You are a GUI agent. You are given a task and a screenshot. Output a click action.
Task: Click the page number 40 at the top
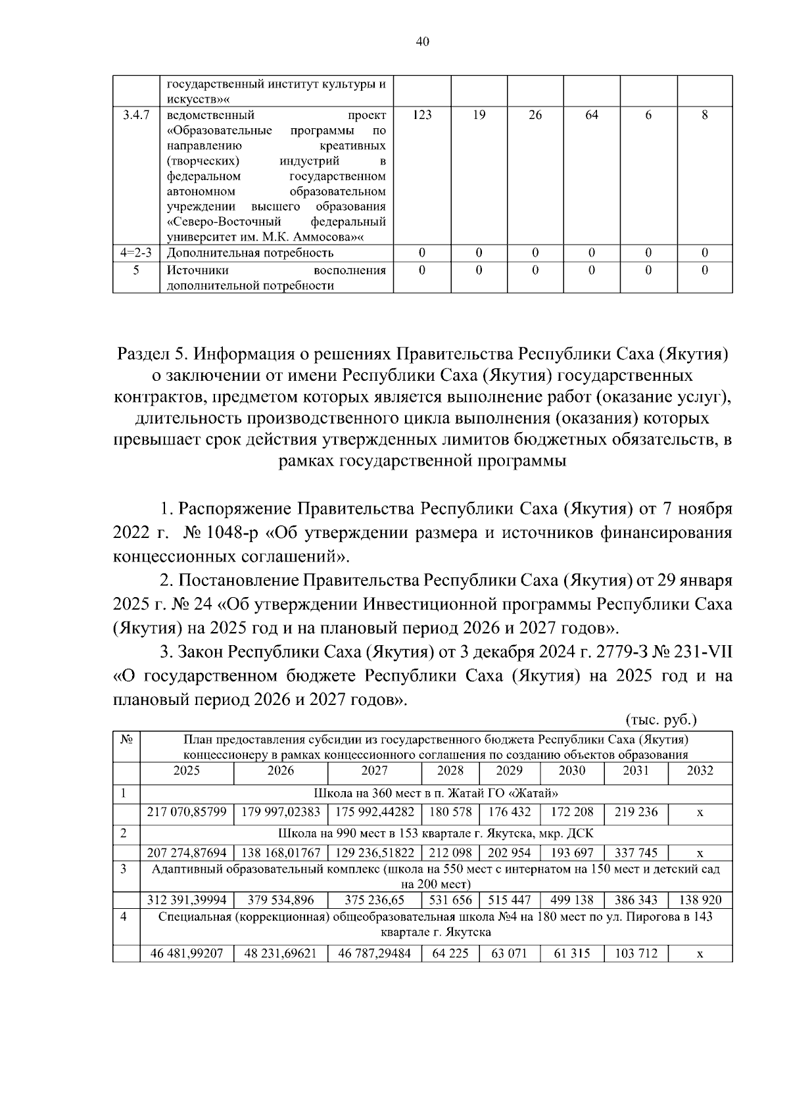423,41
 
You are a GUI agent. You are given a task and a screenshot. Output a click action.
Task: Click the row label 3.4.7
136,115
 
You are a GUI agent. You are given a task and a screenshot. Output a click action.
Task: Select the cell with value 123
422,115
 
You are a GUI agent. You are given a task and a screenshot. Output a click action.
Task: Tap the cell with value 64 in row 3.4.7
592,115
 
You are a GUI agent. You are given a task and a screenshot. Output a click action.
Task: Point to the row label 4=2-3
136,253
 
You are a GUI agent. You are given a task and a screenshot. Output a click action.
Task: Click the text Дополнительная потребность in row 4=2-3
250,253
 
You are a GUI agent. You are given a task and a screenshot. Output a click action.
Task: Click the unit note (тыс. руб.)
661,719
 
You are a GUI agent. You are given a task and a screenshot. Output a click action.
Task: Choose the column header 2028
450,771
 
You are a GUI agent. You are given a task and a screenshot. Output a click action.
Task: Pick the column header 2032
700,771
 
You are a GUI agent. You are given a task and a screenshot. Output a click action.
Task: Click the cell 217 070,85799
187,812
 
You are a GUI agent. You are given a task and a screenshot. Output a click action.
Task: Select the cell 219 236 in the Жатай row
636,812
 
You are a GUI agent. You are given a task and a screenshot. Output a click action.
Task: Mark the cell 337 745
636,853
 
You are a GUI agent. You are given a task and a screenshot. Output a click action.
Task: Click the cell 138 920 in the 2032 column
700,900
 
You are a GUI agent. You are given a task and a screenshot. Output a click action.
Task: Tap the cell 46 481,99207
187,954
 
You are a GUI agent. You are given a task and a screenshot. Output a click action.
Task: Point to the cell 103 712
636,954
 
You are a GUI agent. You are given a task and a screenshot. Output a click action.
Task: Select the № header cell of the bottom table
126,740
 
